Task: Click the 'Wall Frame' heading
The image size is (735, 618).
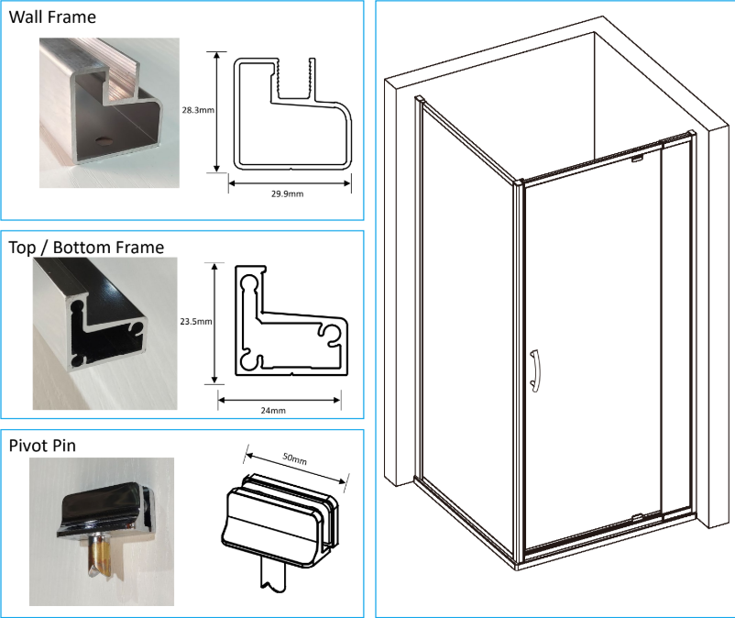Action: pos(51,17)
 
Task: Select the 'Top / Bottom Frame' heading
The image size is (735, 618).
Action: pos(86,247)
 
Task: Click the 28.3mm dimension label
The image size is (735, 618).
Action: pos(199,110)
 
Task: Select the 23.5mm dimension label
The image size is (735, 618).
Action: pos(196,322)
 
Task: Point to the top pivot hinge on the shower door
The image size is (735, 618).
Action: pos(635,159)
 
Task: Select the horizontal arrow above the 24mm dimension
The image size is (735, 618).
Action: pos(280,397)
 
